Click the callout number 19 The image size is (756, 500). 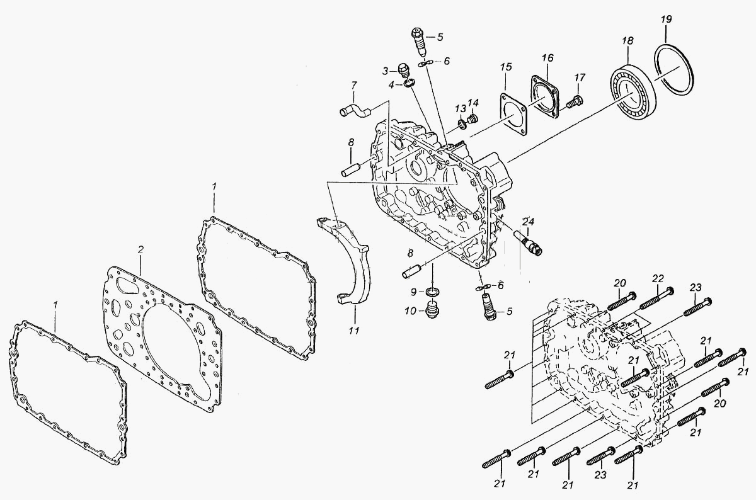667,20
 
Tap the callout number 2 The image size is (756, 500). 140,249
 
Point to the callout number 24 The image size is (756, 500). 529,222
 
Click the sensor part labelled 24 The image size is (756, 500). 528,244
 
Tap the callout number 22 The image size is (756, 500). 658,279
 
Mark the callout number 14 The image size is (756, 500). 473,102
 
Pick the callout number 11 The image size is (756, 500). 353,331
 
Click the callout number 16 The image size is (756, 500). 547,58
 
